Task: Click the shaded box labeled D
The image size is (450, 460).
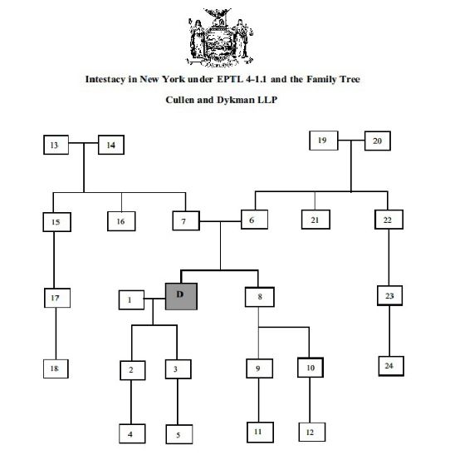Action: tap(181, 296)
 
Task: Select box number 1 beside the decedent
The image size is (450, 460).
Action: tap(131, 299)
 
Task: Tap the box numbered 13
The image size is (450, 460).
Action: tap(56, 145)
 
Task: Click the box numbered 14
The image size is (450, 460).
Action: tap(111, 145)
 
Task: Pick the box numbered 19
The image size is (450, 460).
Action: tap(324, 141)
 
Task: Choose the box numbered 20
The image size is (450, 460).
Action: tap(378, 141)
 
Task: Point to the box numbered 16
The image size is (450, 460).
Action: tap(121, 221)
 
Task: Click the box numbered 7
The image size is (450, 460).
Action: tap(186, 220)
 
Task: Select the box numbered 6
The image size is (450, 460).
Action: tap(254, 220)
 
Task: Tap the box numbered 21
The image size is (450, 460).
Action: tap(315, 220)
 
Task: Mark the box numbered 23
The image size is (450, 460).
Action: tap(389, 296)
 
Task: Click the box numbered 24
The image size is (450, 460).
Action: tap(391, 366)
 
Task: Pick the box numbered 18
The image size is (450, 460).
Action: tap(56, 368)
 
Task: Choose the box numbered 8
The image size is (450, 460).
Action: tap(260, 297)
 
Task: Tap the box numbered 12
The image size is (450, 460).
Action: tap(312, 432)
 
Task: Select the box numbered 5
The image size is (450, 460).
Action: tap(179, 434)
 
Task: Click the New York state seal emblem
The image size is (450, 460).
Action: tap(220, 37)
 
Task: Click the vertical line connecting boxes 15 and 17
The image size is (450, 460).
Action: tap(54, 260)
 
